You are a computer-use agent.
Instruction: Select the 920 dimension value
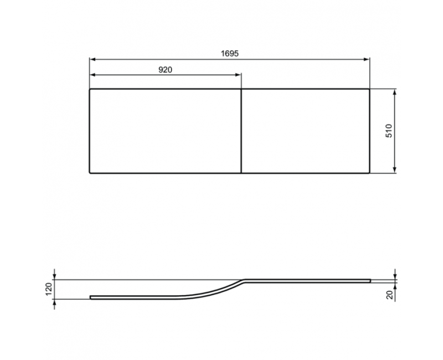click(x=166, y=69)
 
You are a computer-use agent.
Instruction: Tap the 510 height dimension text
click(x=389, y=131)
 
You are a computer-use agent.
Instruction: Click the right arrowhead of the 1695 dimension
click(x=367, y=59)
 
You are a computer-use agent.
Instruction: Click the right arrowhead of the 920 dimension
click(x=239, y=75)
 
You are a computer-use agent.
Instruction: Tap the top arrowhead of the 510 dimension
click(x=395, y=91)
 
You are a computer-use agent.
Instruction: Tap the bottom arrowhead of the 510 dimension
click(x=395, y=171)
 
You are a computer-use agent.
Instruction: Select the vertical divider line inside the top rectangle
click(x=242, y=131)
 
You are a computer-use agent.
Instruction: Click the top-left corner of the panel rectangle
click(x=90, y=89)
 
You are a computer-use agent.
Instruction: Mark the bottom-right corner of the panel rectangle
click(x=369, y=173)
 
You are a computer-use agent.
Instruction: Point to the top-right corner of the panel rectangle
click(x=369, y=89)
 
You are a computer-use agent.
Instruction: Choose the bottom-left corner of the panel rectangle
click(x=90, y=173)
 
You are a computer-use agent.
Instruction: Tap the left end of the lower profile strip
click(x=91, y=297)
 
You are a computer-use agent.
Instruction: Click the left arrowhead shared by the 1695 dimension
click(x=92, y=59)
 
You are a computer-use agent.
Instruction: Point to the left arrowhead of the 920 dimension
click(x=92, y=75)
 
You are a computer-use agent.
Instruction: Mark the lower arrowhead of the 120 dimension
click(x=54, y=302)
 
